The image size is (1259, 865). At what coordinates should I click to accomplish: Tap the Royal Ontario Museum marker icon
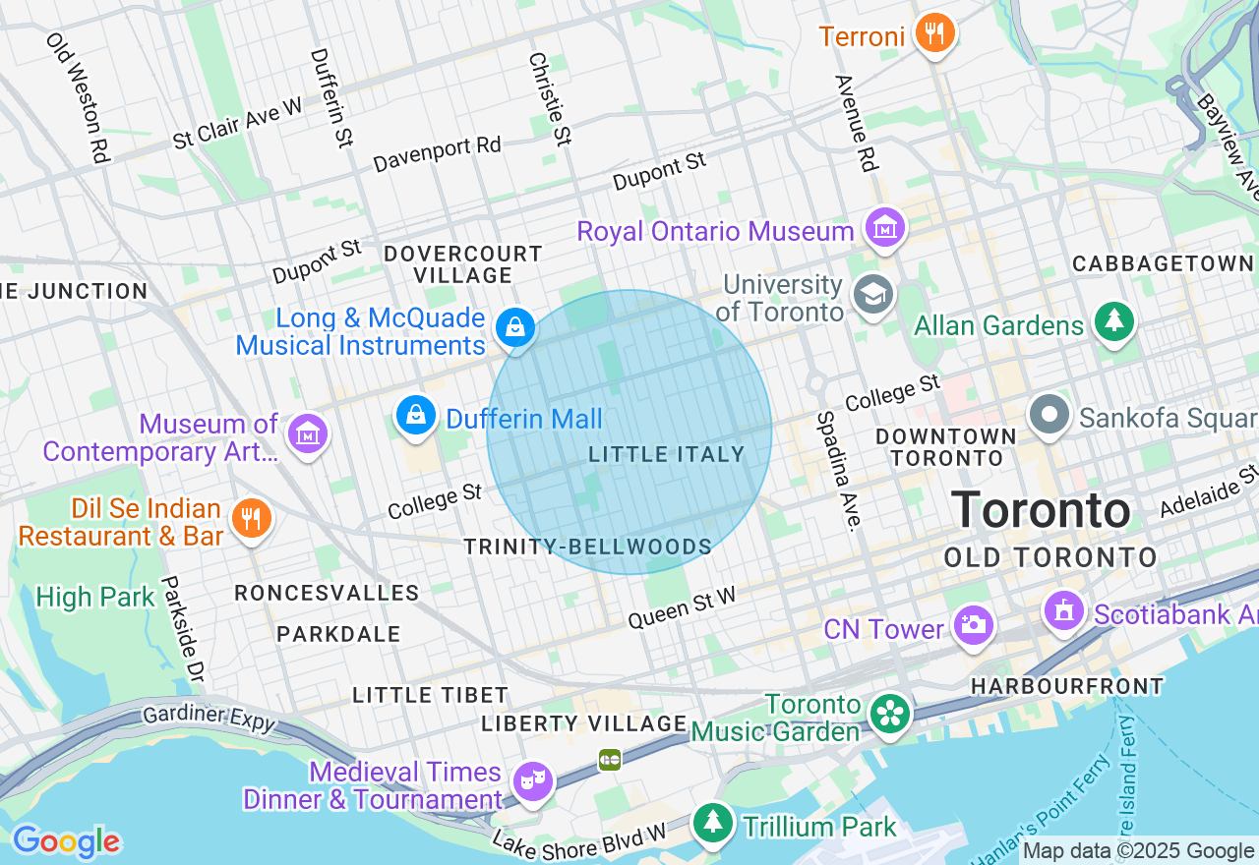[x=884, y=229]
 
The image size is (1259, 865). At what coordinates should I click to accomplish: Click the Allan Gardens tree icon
[x=1114, y=321]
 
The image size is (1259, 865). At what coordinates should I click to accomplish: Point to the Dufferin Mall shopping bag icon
[x=416, y=416]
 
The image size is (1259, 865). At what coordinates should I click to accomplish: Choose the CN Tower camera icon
[x=973, y=625]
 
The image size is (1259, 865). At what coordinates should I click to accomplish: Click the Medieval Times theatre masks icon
[x=532, y=781]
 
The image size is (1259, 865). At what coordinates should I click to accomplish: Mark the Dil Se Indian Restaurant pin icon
[x=251, y=518]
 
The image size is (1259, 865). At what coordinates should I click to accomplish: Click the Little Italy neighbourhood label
[x=667, y=454]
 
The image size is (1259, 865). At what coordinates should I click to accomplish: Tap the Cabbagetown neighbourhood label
[x=1163, y=263]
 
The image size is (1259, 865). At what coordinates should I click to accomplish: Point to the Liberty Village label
[x=583, y=723]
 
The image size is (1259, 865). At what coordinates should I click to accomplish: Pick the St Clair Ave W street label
[x=237, y=123]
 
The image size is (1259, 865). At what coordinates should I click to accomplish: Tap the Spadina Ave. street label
[x=837, y=471]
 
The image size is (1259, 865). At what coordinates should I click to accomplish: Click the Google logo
[x=66, y=841]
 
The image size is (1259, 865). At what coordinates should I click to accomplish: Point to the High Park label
[x=95, y=597]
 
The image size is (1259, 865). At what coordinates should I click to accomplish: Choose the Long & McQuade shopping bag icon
[x=514, y=327]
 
